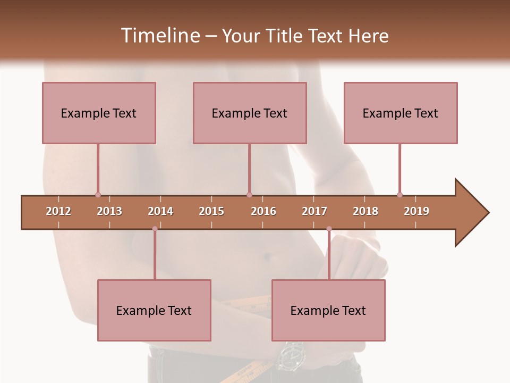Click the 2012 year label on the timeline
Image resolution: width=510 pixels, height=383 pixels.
[x=58, y=211]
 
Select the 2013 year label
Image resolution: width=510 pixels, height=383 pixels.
[x=109, y=211]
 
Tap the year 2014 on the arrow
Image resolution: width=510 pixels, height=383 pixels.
[x=160, y=211]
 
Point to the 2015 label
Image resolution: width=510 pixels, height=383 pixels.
[x=211, y=211]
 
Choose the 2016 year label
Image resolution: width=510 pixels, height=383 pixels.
[x=263, y=211]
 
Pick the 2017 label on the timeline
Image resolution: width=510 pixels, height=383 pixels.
[x=314, y=211]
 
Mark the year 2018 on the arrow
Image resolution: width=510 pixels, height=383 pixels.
[x=365, y=211]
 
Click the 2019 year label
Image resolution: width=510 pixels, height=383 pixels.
[x=416, y=211]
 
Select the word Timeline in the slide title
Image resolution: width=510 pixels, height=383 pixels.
[x=159, y=36]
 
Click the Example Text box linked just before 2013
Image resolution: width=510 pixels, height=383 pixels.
[x=99, y=113]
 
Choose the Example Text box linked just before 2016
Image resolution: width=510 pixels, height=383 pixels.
[x=250, y=113]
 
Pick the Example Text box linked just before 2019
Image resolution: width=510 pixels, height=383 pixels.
[x=401, y=113]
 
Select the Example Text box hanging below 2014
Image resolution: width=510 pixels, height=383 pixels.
[x=154, y=310]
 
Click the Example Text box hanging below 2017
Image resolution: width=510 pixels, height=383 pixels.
[x=328, y=310]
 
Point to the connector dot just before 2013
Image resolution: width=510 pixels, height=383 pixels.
[x=98, y=195]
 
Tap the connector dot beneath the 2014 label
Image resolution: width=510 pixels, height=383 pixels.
[x=155, y=229]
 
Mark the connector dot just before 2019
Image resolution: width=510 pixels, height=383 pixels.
[x=399, y=195]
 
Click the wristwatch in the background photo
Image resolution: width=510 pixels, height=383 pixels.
[x=291, y=354]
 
